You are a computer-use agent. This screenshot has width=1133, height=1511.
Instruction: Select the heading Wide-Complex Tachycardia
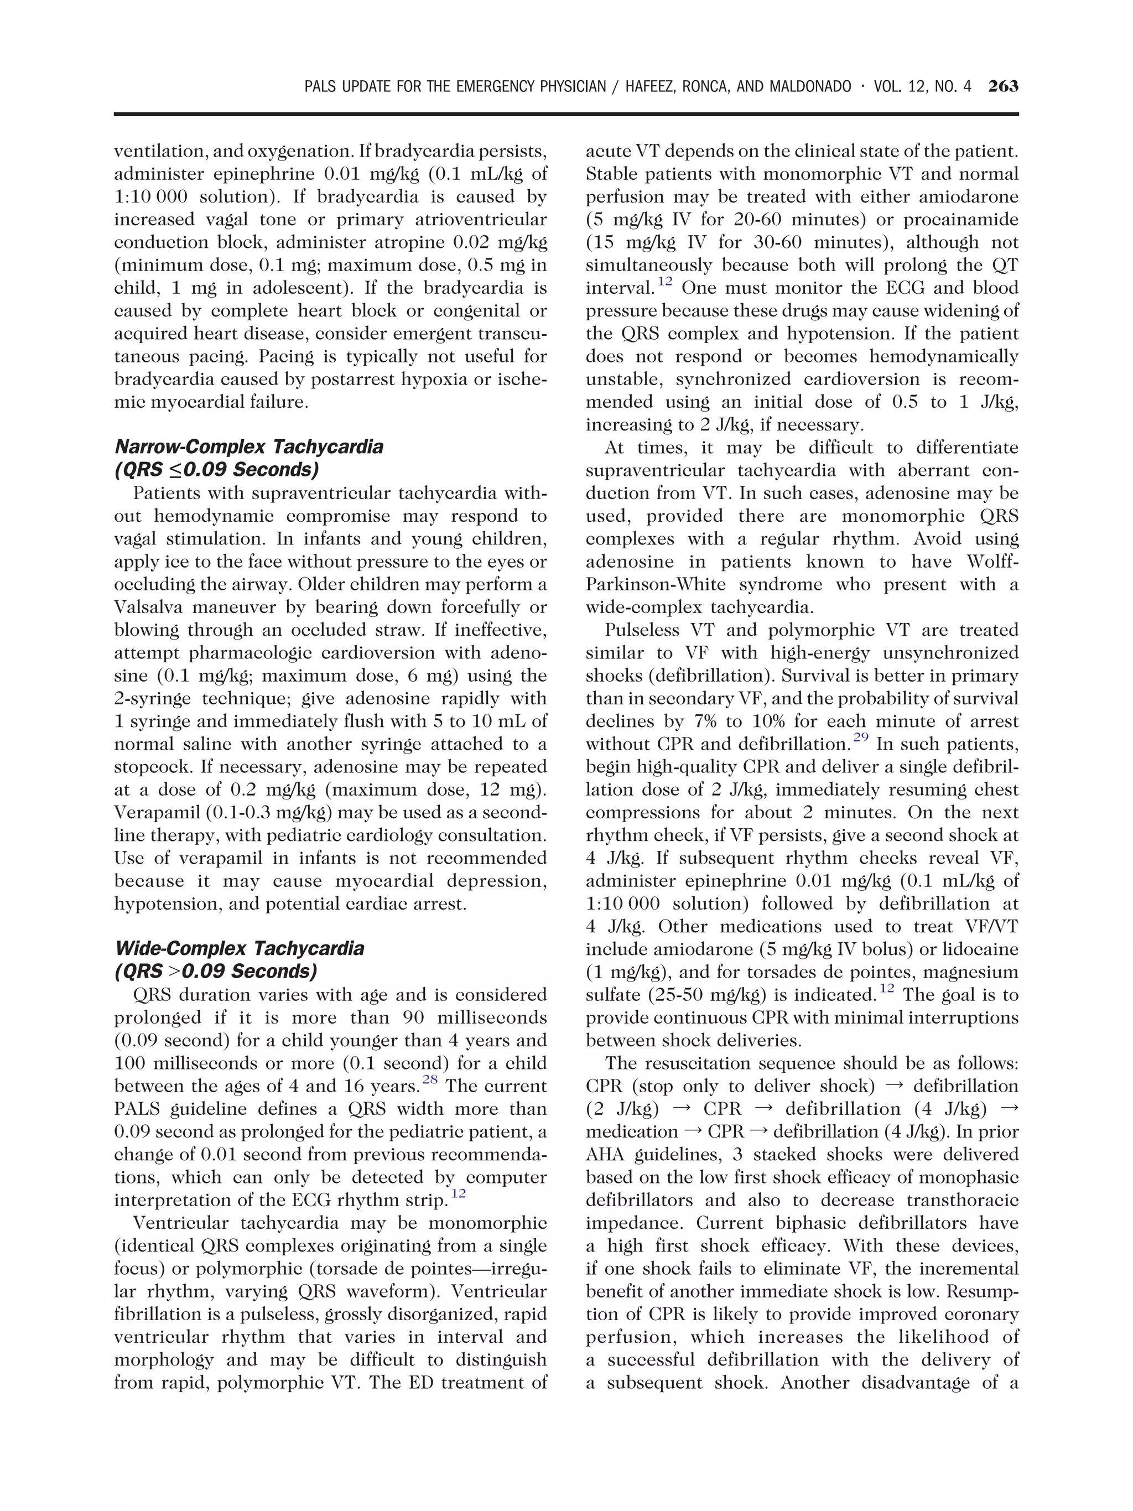(239, 948)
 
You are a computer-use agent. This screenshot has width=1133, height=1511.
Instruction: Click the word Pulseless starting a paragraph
(637, 630)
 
